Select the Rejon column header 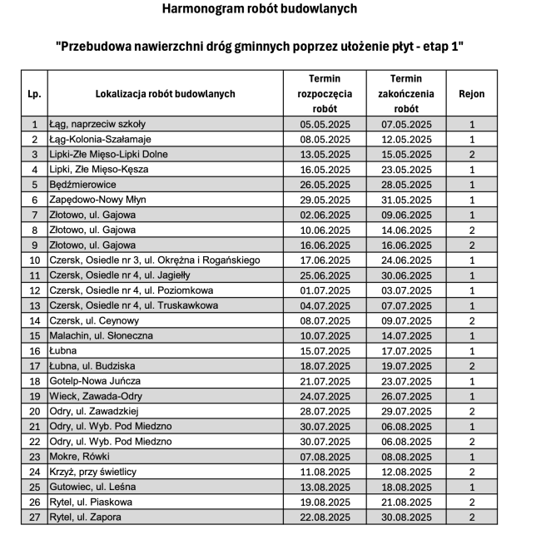[471, 93]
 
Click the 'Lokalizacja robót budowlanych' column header [165, 93]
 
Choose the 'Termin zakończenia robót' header [406, 93]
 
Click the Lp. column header [34, 93]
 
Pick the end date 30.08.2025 [406, 517]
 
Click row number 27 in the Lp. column [34, 517]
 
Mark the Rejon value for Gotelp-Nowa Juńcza [471, 381]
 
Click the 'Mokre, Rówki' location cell [78, 456]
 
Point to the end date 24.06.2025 [406, 260]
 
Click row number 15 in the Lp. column [34, 335]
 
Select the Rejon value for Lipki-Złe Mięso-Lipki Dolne [471, 154]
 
